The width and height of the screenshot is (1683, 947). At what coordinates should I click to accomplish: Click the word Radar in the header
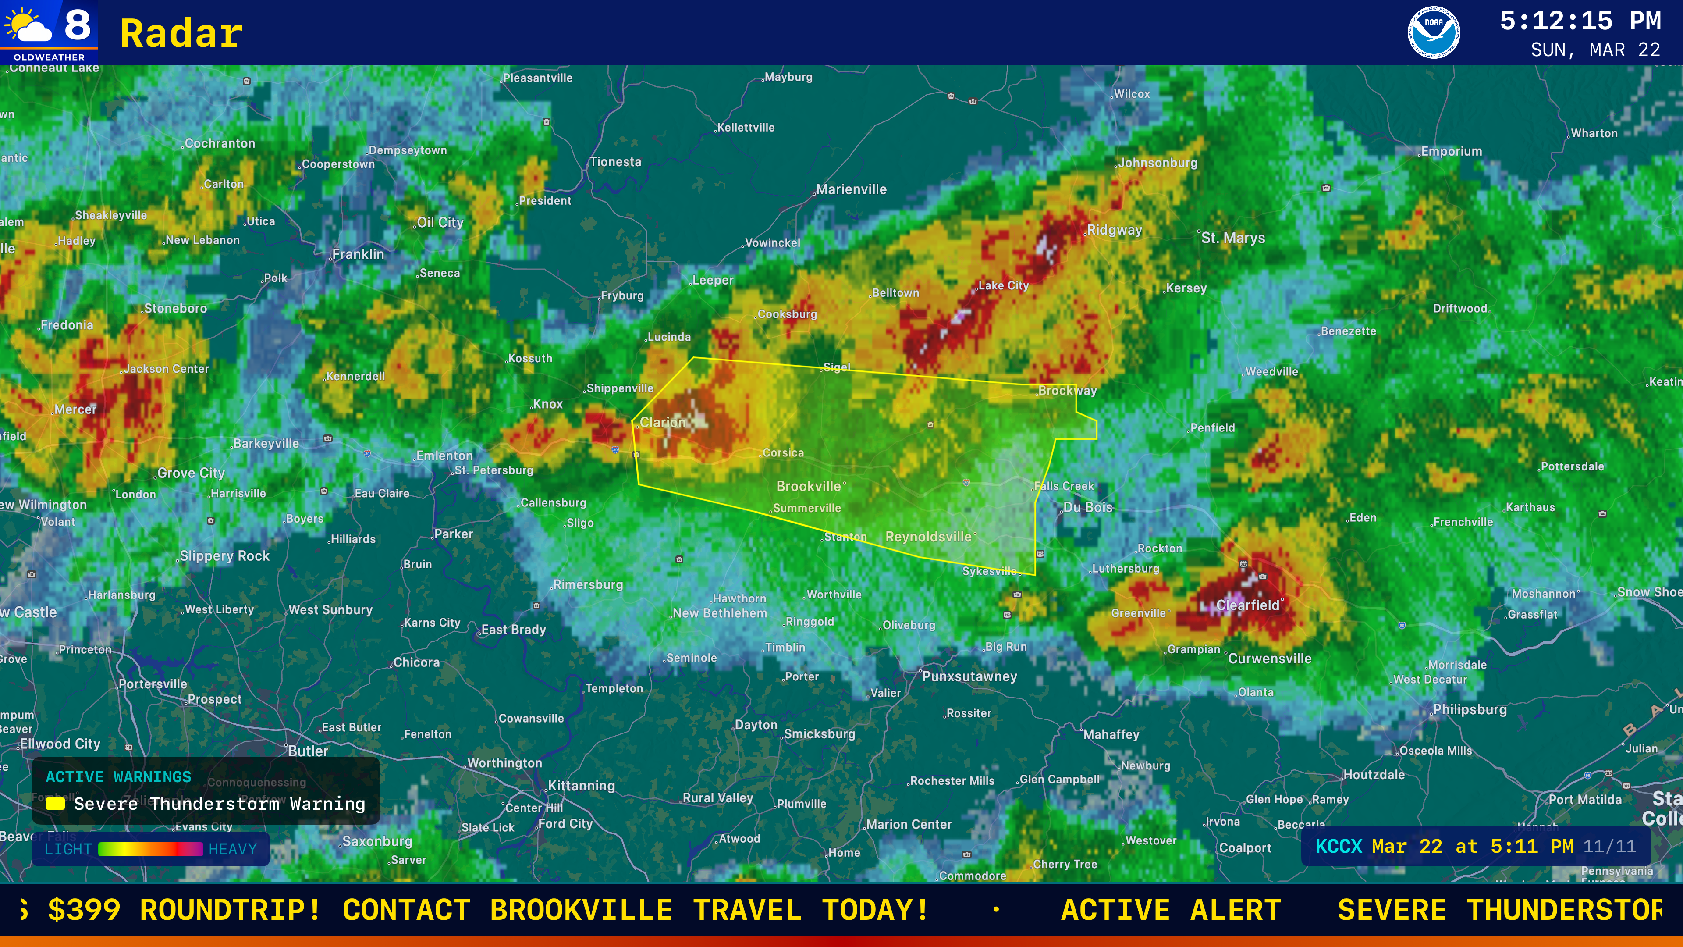[181, 34]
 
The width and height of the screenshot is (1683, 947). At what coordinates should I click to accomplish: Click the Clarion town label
[663, 422]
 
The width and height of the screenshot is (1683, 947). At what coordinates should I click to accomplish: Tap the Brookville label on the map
[809, 486]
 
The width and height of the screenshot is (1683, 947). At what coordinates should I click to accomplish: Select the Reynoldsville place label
[928, 537]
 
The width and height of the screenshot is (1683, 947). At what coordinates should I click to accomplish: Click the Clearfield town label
[1247, 605]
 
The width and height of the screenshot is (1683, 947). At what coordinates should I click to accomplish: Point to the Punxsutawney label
[969, 676]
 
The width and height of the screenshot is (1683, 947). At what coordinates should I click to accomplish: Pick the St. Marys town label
[1233, 238]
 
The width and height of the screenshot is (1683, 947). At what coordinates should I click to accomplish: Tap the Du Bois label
[1088, 507]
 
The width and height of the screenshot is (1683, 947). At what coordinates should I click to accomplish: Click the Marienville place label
[851, 189]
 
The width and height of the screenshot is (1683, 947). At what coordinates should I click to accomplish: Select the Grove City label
[191, 473]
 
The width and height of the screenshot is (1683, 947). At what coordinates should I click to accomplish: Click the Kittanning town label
[582, 786]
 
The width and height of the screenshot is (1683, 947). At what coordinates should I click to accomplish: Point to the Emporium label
[1451, 152]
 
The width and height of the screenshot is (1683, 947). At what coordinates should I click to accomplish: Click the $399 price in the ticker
[84, 910]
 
